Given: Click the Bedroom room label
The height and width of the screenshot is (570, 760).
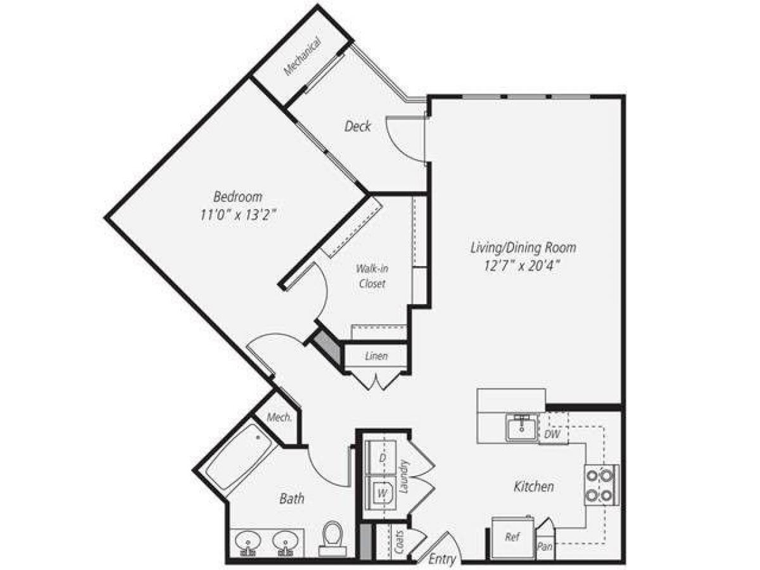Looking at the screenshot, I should [237, 196].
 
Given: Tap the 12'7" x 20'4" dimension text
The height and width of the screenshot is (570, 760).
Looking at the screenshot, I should [523, 267].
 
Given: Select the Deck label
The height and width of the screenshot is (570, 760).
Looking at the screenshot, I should [358, 127].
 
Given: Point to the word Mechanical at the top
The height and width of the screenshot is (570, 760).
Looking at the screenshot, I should [303, 58].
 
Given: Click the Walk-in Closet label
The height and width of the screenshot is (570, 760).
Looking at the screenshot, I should [371, 276].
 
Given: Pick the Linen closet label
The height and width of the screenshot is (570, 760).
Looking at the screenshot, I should [376, 357].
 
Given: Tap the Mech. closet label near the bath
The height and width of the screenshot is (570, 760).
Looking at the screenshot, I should [279, 418].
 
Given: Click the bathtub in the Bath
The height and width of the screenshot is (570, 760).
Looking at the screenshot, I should [241, 456].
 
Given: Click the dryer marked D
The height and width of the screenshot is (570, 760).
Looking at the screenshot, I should [382, 458].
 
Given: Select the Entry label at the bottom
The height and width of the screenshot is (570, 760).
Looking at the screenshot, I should [441, 559].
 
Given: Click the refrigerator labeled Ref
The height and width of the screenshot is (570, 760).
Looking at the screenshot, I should [512, 537].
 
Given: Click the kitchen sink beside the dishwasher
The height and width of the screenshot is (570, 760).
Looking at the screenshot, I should [521, 428].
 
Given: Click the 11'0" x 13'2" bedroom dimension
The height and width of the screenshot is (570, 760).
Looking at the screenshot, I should [237, 215].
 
